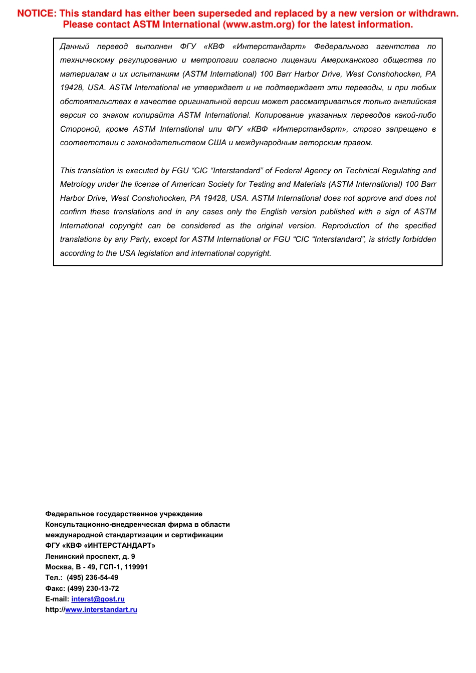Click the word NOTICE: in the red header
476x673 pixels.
(37, 14)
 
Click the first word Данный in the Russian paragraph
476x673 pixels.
(74, 47)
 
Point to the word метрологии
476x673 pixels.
(214, 60)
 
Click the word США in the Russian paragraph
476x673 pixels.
(217, 143)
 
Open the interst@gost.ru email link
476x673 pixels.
(98, 599)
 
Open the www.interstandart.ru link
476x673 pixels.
(101, 609)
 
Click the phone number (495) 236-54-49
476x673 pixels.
(93, 577)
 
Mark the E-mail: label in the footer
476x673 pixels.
(57, 599)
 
